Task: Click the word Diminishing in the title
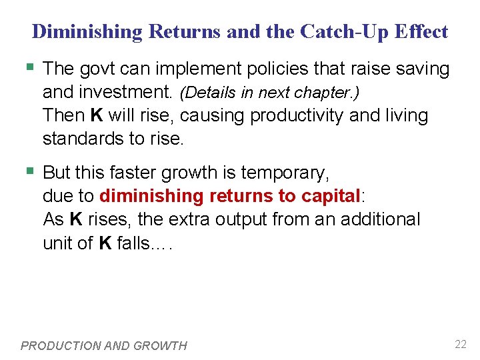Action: click(x=87, y=31)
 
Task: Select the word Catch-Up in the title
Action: click(x=335, y=31)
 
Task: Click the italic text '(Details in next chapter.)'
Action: click(x=270, y=93)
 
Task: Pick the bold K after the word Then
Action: click(x=97, y=115)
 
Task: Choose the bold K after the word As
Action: click(x=76, y=219)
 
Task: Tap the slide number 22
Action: click(x=460, y=344)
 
